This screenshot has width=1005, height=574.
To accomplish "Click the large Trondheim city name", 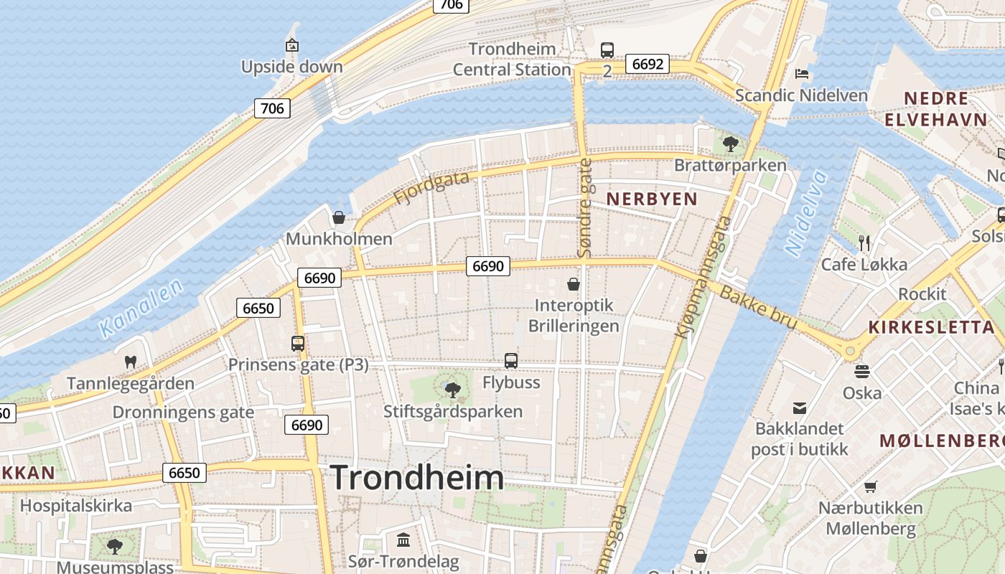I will coord(416,478).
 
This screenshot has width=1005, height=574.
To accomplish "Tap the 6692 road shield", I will coord(647,64).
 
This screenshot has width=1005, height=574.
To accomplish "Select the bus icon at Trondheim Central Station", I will coord(607,50).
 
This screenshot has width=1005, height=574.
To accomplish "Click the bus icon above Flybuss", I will coord(511,361).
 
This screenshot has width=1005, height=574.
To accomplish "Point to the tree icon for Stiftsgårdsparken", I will coord(452,390).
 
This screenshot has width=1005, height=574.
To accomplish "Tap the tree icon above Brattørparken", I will coord(731,144).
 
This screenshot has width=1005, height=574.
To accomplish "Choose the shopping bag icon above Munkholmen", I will coord(339,217).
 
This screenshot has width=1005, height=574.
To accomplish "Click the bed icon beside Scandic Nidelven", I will coord(802,74).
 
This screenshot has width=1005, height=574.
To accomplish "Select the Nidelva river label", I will coord(806,213).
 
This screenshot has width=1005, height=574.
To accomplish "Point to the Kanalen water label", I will coord(141,309).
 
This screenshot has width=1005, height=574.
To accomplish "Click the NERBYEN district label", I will coord(652,199).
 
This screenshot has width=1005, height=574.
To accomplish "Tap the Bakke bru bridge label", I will coord(758,308).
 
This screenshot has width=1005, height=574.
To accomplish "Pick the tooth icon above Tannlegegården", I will coord(131,362).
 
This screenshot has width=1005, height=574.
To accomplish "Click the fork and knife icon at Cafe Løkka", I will coord(864,243).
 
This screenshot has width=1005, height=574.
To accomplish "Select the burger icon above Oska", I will coord(862,371).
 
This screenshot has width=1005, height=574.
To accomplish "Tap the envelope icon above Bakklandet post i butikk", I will coord(799,408).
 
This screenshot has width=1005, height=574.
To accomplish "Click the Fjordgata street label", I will coord(431,187).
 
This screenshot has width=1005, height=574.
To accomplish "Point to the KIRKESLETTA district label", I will coord(931,327).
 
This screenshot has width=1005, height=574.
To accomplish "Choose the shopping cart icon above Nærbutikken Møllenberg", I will coord(871,486).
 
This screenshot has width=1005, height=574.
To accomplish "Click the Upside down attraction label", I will coord(291,67).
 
